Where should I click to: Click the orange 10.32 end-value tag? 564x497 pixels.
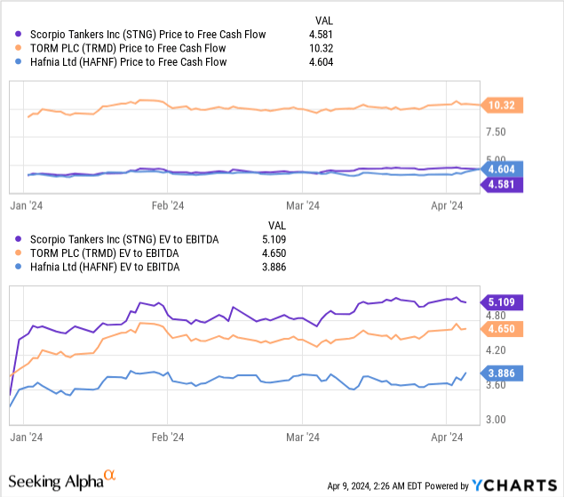tap(502, 106)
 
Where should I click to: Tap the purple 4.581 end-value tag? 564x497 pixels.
tap(502, 184)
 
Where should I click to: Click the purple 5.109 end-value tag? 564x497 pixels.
tap(502, 301)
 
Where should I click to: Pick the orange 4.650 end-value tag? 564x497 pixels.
tap(502, 328)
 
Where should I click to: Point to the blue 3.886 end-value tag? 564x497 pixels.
tap(502, 373)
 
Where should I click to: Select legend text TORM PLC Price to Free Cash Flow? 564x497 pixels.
tap(115, 48)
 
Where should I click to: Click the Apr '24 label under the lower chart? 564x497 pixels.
tap(448, 437)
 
